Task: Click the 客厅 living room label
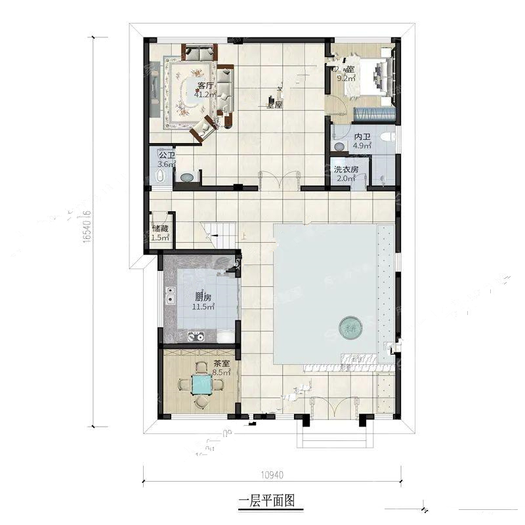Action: pyautogui.click(x=205, y=85)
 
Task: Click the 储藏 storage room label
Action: pyautogui.click(x=160, y=229)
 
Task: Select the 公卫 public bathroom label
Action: pyautogui.click(x=166, y=156)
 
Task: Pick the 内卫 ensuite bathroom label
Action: pyautogui.click(x=362, y=137)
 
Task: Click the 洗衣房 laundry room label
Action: pyautogui.click(x=345, y=169)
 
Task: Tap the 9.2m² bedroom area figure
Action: pyautogui.click(x=346, y=78)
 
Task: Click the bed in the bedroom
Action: pyautogui.click(x=379, y=74)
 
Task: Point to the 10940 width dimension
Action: pyautogui.click(x=272, y=474)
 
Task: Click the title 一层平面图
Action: pyautogui.click(x=266, y=501)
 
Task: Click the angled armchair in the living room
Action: pyautogui.click(x=203, y=129)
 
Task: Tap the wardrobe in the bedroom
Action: pyautogui.click(x=374, y=113)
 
